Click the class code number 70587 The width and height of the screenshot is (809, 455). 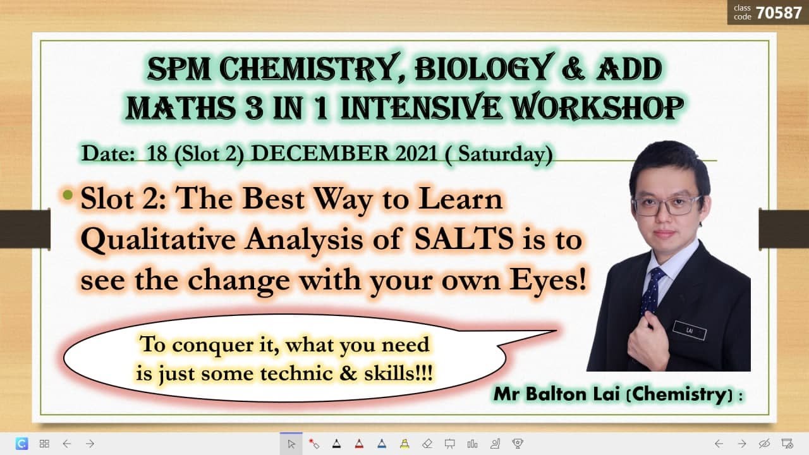coord(779,12)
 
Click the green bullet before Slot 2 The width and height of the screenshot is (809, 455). coord(68,195)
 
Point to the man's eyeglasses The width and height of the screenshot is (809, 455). coord(666,204)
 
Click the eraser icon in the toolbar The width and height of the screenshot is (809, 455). coord(427,443)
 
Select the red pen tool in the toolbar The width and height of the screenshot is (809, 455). coord(358,443)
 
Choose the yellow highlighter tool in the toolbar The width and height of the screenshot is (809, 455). coord(404,443)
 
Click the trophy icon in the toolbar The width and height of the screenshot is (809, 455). coord(518,443)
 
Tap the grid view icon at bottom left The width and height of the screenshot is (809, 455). coord(44,444)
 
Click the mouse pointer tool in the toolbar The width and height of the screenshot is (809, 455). coord(291,443)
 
